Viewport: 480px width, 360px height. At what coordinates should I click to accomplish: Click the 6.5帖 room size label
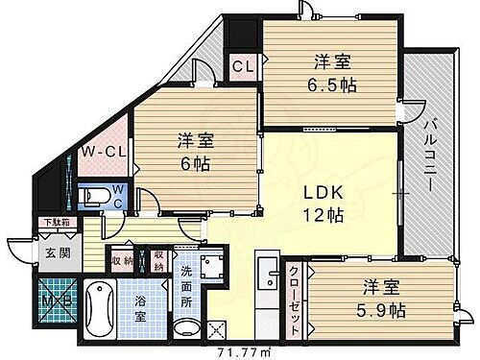pyautogui.click(x=330, y=84)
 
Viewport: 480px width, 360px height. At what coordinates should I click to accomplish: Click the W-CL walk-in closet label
pyautogui.click(x=98, y=151)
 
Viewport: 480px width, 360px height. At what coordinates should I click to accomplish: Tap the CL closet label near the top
pyautogui.click(x=243, y=67)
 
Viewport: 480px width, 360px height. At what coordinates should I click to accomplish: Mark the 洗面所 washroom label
pyautogui.click(x=186, y=287)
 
